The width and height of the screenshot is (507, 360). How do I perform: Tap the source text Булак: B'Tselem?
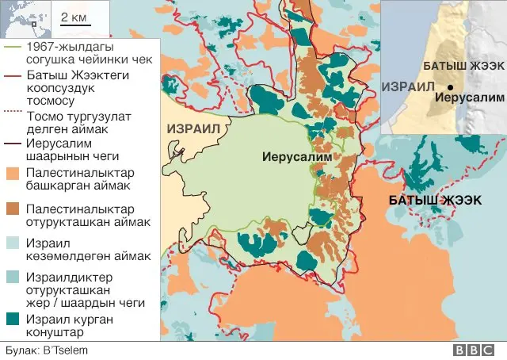pyautogui.click(x=46, y=350)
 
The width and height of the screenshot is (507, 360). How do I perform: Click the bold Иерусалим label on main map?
pyautogui.click(x=296, y=156)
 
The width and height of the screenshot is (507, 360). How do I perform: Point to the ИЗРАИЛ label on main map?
pyautogui.click(x=193, y=128)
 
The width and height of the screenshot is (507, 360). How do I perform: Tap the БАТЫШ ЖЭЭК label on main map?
pyautogui.click(x=434, y=200)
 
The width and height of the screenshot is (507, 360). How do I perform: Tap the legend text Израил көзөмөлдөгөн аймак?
pyautogui.click(x=88, y=250)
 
